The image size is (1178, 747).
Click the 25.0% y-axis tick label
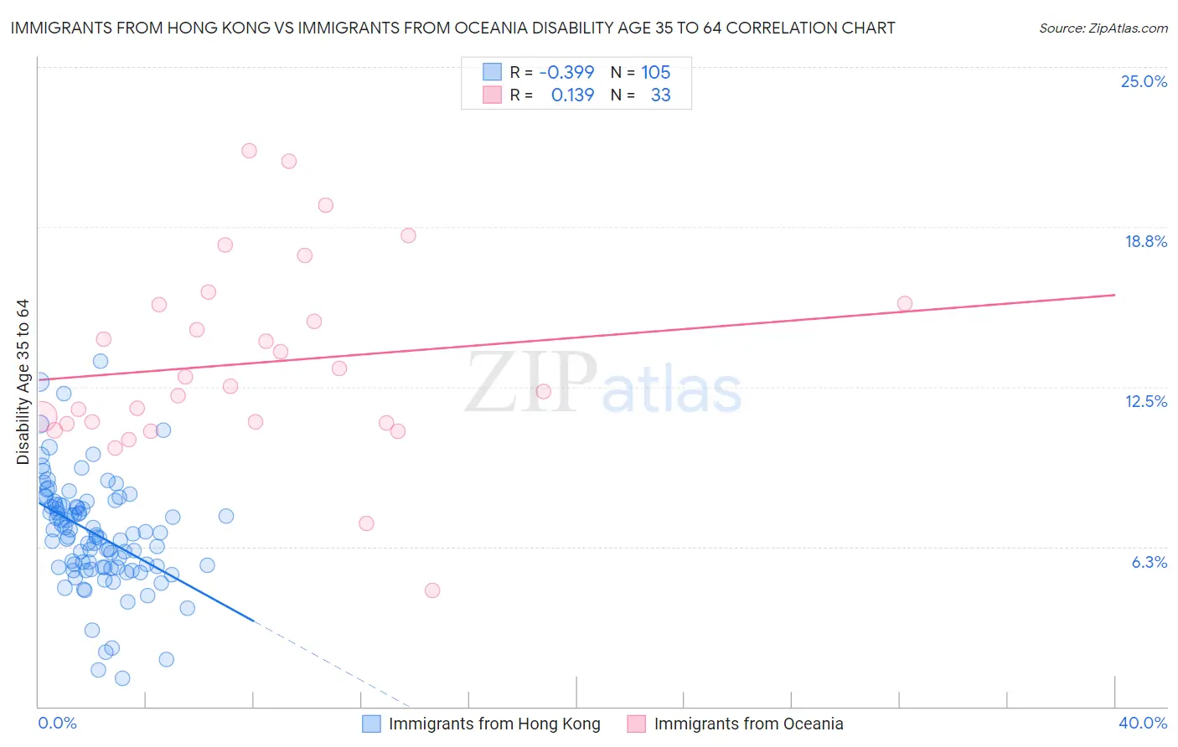click(x=1144, y=81)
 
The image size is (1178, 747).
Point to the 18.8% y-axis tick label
click(x=1145, y=241)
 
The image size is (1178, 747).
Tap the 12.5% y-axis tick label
click(x=1145, y=401)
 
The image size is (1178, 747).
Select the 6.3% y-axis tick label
click(x=1149, y=562)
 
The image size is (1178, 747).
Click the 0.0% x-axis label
click(x=57, y=723)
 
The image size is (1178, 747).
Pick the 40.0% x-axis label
click(x=1142, y=723)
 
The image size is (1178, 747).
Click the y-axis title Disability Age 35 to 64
click(x=23, y=382)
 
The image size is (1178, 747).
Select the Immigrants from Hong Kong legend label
click(x=494, y=724)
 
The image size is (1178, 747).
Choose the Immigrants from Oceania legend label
click(x=748, y=724)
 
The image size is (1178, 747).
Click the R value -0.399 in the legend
click(x=566, y=72)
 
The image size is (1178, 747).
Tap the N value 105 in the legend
click(x=655, y=72)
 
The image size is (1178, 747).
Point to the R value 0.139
click(x=572, y=95)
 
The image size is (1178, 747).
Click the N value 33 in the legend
click(x=660, y=95)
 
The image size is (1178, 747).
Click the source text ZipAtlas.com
click(x=1103, y=28)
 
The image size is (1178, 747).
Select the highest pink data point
click(x=249, y=151)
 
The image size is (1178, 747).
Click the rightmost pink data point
click(x=905, y=303)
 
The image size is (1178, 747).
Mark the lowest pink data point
click(x=432, y=590)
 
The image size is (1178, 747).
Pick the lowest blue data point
click(x=122, y=678)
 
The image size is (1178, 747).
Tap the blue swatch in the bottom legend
click(x=371, y=724)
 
